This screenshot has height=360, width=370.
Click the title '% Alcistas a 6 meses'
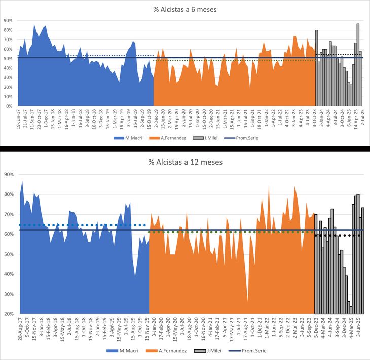click(x=184, y=9)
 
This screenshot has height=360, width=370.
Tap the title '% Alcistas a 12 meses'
click(x=184, y=162)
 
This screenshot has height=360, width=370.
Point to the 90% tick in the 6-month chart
click(x=8, y=21)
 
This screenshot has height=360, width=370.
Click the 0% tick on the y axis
click(x=9, y=106)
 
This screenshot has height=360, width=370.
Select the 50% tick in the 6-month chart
click(x=8, y=59)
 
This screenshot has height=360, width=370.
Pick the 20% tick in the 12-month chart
click(x=8, y=314)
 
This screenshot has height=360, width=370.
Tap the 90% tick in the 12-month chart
click(x=8, y=174)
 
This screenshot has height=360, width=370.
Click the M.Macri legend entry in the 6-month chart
click(x=125, y=137)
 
